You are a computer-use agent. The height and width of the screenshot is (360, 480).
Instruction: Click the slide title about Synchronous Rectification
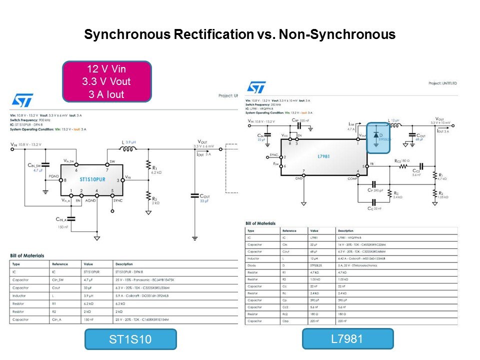coord(240,34)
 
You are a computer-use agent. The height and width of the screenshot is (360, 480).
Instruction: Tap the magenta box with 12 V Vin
coord(107,81)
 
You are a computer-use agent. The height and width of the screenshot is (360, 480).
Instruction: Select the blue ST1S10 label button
coord(130,339)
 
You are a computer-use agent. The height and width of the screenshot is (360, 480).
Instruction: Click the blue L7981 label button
coord(347,338)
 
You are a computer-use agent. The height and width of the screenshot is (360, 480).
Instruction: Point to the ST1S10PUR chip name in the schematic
coord(92,179)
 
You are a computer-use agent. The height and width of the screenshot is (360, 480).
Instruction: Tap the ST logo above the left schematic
coord(22,100)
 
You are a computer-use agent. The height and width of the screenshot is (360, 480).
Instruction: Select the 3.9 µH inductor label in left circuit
coord(130,142)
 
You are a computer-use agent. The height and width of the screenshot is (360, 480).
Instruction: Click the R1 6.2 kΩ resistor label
coord(155,169)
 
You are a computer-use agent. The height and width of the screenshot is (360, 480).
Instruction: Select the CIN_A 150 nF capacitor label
coord(63,223)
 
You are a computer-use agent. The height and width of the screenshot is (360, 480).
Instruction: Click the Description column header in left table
coord(124,263)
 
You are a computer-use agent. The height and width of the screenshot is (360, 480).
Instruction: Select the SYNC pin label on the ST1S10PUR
coord(117,200)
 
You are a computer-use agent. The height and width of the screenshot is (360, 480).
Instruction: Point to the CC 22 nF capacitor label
coord(375,208)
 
